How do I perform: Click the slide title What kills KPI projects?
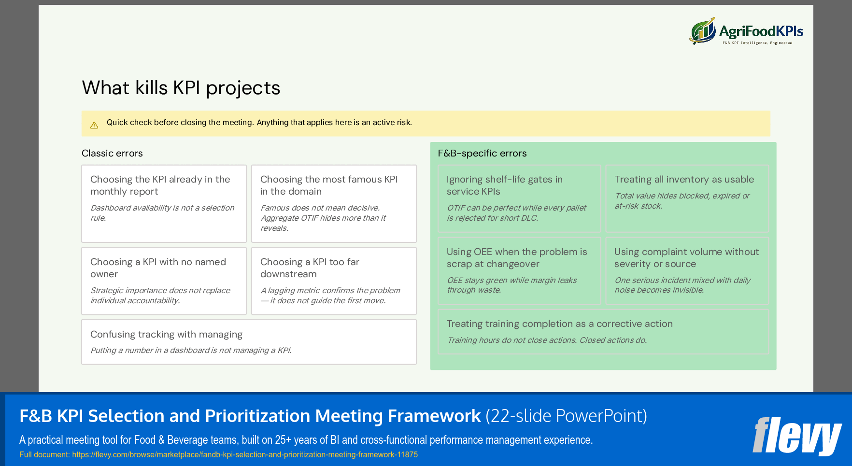pyautogui.click(x=181, y=88)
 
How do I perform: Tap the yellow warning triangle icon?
pyautogui.click(x=94, y=125)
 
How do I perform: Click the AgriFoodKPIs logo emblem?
pyautogui.click(x=703, y=31)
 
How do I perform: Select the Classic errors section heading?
pyautogui.click(x=112, y=153)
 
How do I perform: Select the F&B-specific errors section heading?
pyautogui.click(x=482, y=153)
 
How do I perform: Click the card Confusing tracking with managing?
pyautogui.click(x=249, y=341)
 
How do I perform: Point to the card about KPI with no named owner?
pyautogui.click(x=164, y=281)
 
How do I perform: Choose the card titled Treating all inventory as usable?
pyautogui.click(x=687, y=198)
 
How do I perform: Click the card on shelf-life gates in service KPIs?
pyautogui.click(x=519, y=198)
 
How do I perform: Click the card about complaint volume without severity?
pyautogui.click(x=687, y=270)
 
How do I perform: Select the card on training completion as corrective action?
pyautogui.click(x=603, y=331)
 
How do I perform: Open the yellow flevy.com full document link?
pyautogui.click(x=244, y=454)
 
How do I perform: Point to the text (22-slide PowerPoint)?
pyautogui.click(x=566, y=416)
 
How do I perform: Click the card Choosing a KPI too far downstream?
pyautogui.click(x=334, y=281)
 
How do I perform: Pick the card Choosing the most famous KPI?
pyautogui.click(x=334, y=203)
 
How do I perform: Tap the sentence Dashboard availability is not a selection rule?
pyautogui.click(x=162, y=212)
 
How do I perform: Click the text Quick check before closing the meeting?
pyautogui.click(x=180, y=123)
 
